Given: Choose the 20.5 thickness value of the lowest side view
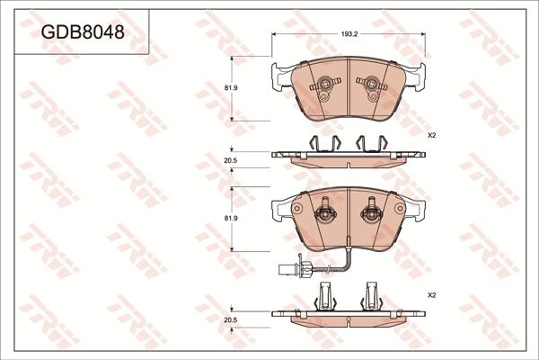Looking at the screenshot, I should [229, 319].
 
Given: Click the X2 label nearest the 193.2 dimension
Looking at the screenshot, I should [431, 135].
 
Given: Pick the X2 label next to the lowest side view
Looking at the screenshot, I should [431, 295].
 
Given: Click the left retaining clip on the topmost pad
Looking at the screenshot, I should [321, 87].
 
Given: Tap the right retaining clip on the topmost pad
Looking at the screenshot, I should [368, 87].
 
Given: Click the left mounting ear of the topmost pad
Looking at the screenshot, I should [275, 78].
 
